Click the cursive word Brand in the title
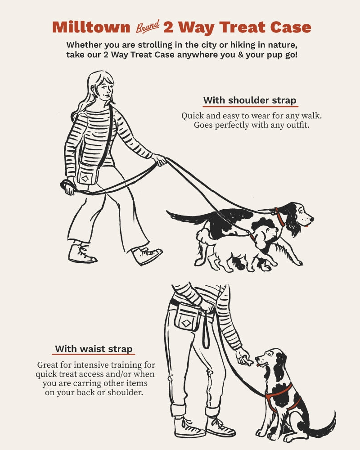tap(148, 27)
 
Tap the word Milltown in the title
tap(91, 27)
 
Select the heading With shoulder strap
tap(250, 100)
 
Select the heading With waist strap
tap(94, 349)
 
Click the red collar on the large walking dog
tap(279, 217)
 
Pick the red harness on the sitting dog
tap(280, 396)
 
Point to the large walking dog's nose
tap(312, 220)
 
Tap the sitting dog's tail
tap(326, 425)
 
